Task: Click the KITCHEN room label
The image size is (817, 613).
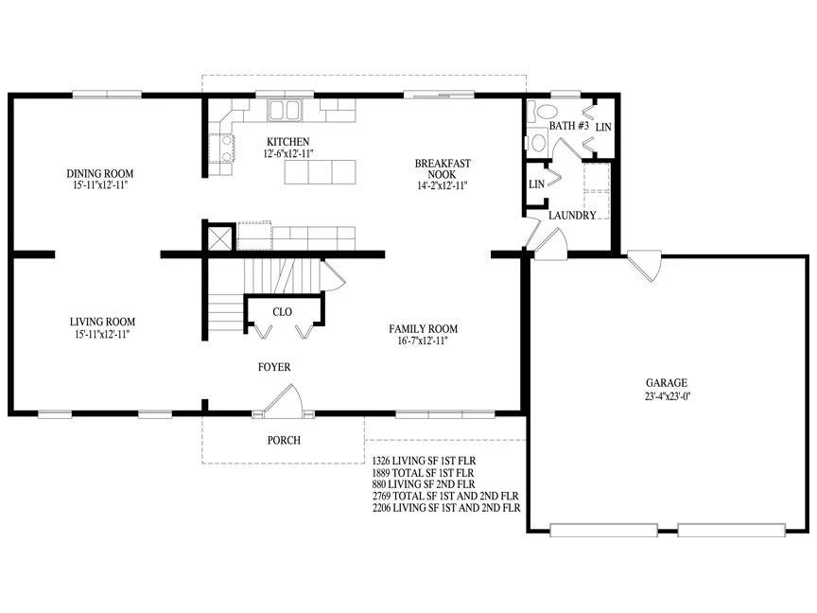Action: [288, 142]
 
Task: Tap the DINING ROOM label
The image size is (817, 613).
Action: [100, 173]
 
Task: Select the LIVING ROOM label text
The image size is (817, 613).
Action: [103, 323]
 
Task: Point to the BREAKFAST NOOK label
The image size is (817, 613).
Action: [443, 169]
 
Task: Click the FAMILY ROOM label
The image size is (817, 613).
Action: [423, 329]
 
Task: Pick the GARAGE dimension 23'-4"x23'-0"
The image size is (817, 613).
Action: [668, 396]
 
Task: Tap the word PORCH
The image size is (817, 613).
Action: [284, 441]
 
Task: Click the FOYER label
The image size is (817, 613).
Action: [274, 367]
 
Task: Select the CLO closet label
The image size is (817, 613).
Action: [283, 312]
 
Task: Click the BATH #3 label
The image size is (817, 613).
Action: [569, 126]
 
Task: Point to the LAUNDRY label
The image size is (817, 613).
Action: [572, 216]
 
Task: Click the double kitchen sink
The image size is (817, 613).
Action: [285, 110]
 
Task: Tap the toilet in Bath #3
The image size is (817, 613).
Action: [543, 111]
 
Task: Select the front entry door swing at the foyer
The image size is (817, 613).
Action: [283, 401]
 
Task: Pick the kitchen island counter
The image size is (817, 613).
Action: [321, 172]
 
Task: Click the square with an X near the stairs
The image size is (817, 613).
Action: [220, 238]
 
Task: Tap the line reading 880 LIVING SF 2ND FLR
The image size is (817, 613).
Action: [424, 484]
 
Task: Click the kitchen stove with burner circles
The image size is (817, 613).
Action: [222, 149]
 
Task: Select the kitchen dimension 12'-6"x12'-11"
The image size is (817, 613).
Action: [288, 154]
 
